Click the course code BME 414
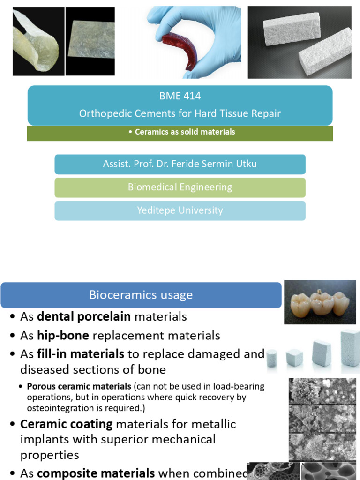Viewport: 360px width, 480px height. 180,96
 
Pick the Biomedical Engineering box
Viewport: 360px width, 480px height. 180,187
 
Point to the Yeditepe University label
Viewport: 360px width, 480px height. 180,210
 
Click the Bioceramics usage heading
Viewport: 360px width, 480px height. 141,295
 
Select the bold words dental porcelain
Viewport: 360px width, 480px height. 84,317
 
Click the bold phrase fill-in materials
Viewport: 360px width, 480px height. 81,354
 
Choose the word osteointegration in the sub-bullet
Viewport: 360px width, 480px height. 56,408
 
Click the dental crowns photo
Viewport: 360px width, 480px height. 320,302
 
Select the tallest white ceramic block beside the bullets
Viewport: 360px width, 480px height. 350,347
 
